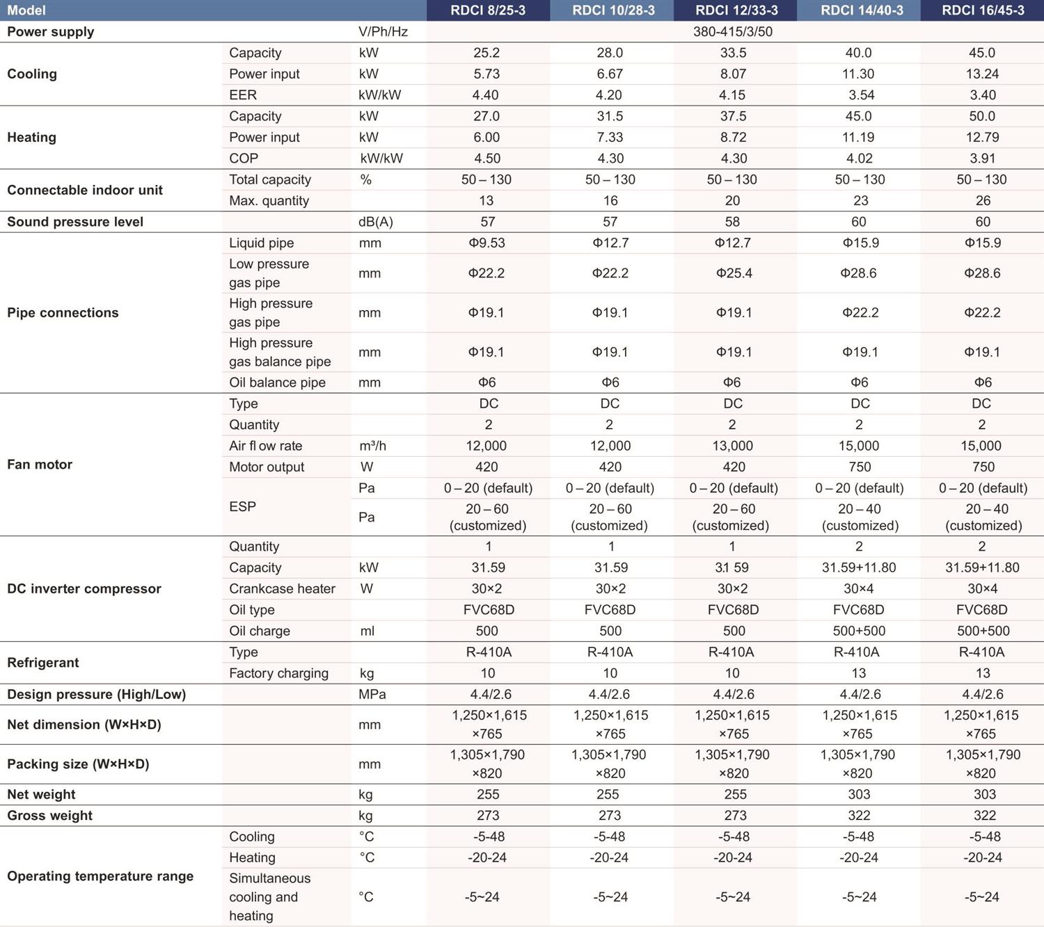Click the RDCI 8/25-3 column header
pos(487,10)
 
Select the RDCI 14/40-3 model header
pos(862,10)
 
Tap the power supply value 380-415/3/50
pos(733,31)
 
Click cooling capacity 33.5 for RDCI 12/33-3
pos(733,53)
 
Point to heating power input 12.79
pos(982,137)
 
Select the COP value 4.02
pos(860,158)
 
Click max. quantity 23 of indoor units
pos(860,200)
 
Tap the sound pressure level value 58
pos(732,221)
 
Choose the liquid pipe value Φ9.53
pos(487,243)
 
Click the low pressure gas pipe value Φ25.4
pos(734,273)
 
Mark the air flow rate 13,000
pos(732,446)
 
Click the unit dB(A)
pos(376,221)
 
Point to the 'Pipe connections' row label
pos(63,313)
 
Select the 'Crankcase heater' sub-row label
pos(282,588)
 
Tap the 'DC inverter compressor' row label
pos(84,588)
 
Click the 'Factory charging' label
pos(279,673)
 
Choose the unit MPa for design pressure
pos(372,694)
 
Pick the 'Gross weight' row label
pos(49,815)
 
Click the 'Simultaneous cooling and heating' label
pos(270,896)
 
